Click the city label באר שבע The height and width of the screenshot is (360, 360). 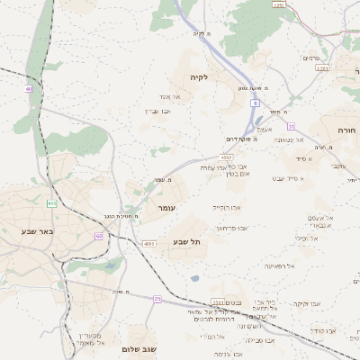(x=38, y=231)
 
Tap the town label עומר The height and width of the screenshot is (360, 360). (x=165, y=208)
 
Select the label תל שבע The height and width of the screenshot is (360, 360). (x=185, y=242)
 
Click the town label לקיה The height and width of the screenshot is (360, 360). (x=198, y=77)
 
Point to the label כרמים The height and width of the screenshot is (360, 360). (x=311, y=58)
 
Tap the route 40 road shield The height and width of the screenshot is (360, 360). (x=29, y=89)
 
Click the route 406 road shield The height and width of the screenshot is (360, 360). (x=52, y=204)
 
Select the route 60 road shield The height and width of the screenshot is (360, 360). (x=98, y=236)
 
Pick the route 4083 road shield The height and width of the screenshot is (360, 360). (x=149, y=243)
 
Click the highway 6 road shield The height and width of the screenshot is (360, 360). (x=256, y=103)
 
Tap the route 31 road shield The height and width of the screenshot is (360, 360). (x=291, y=126)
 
